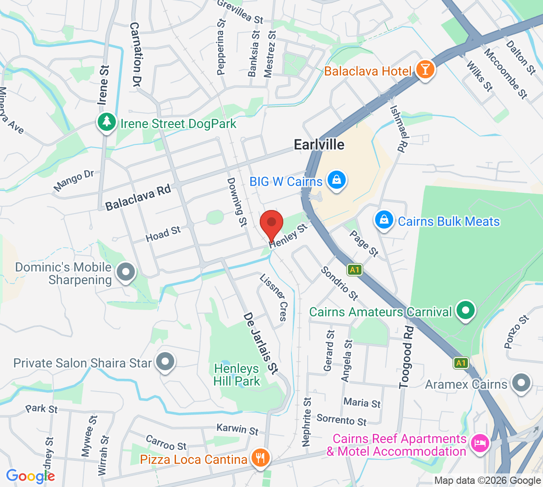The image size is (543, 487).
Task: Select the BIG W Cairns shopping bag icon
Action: click(x=337, y=181)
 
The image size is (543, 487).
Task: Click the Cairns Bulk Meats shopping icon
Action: click(x=384, y=220)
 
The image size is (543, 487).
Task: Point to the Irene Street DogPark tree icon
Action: click(x=107, y=123)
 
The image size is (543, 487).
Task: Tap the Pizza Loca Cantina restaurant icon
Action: click(x=260, y=458)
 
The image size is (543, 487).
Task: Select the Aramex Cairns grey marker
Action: click(x=521, y=383)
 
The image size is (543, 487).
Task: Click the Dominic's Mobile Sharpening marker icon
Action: click(x=126, y=272)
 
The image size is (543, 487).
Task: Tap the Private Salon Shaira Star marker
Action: click(x=165, y=362)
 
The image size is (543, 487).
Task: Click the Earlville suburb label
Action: click(x=319, y=145)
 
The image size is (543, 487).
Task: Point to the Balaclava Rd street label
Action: click(x=138, y=198)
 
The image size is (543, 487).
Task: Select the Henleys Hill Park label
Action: click(x=237, y=375)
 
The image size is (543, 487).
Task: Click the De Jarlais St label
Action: click(x=260, y=343)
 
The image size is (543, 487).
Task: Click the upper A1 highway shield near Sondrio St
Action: click(x=354, y=270)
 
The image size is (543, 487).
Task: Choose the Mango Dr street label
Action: click(x=73, y=181)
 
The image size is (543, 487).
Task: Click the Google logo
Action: click(x=30, y=476)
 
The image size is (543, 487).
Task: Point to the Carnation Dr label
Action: click(x=135, y=55)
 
